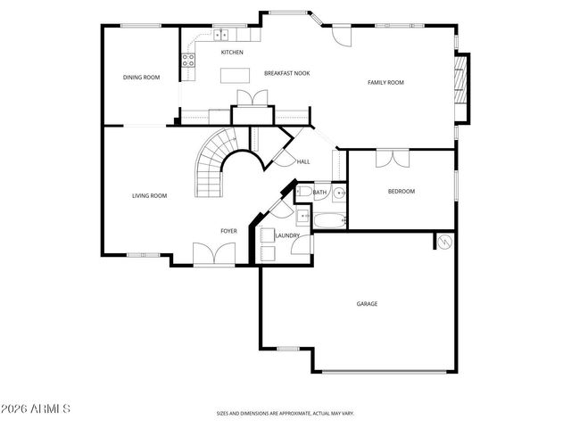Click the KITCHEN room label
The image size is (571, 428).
232,52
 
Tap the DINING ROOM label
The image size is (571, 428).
141,78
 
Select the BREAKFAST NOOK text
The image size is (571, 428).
286,73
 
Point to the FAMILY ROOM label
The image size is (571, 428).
385,82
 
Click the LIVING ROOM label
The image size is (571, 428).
149,195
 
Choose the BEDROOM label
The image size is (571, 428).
401,191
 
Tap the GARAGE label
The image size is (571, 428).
367,303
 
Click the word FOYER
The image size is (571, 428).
228,231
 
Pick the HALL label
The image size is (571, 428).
303,161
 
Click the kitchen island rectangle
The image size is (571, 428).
233,75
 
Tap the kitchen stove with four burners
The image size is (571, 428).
188,61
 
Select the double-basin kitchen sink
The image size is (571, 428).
220,35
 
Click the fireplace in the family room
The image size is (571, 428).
461,86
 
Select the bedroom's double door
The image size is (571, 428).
391,158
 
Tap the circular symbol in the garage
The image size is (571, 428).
443,242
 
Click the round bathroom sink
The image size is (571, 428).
341,192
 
